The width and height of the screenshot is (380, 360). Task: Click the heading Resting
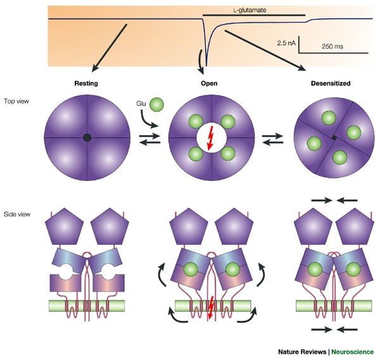[87, 83]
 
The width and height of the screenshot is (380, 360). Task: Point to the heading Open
[210, 83]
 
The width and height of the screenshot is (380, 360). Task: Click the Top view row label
[16, 100]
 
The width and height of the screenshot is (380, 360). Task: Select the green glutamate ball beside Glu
[157, 103]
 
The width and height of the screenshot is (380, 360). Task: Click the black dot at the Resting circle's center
[87, 137]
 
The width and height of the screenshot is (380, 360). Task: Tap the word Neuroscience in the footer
[353, 352]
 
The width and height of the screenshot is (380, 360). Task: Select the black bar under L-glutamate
[253, 13]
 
